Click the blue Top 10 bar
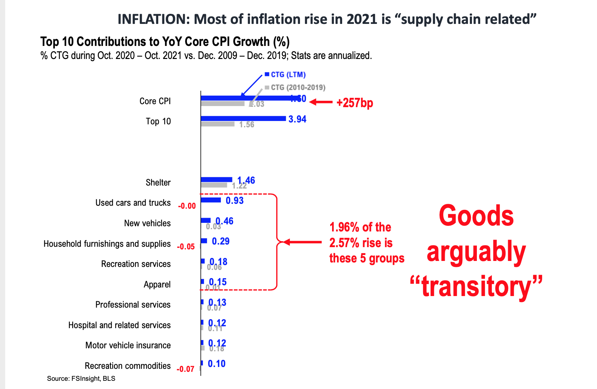(243, 118)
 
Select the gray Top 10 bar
(218, 124)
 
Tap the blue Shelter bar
(216, 180)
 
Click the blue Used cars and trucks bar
(211, 200)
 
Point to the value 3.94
(297, 119)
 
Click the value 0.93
(235, 200)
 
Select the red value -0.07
(185, 369)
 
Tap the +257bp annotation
(354, 103)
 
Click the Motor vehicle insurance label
(128, 345)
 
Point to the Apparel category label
(157, 284)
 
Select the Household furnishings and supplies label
(107, 244)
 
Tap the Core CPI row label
(155, 101)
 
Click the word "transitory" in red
(476, 287)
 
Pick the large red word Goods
(476, 216)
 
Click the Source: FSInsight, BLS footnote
(81, 379)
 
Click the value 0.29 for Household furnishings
(221, 241)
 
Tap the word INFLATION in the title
(154, 19)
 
